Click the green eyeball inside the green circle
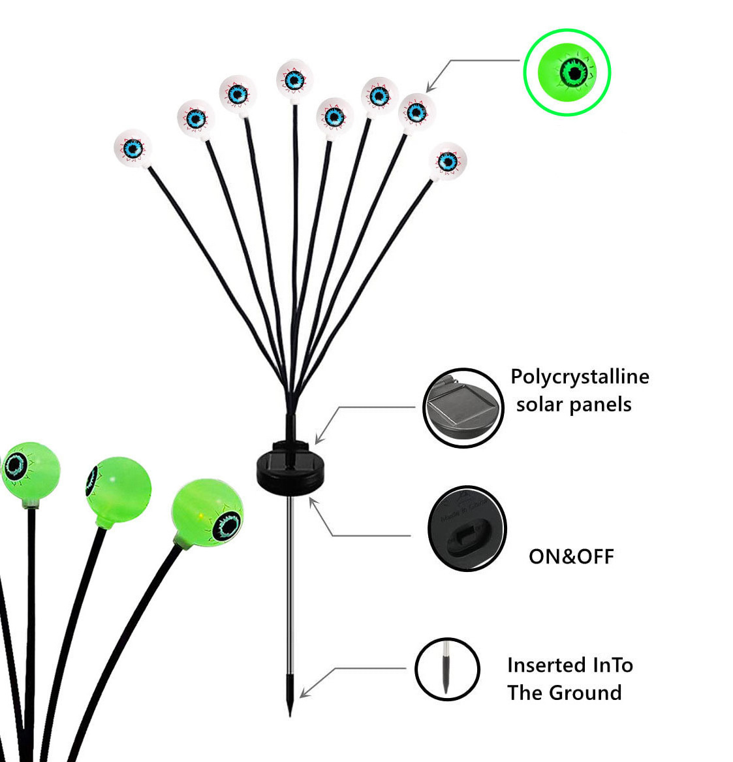point(567,72)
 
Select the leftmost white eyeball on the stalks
point(133,148)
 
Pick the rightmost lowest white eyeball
point(447,161)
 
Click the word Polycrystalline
point(580,377)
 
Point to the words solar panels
point(574,405)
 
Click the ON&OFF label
point(571,556)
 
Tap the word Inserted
point(539,665)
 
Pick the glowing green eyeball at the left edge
point(29,471)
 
